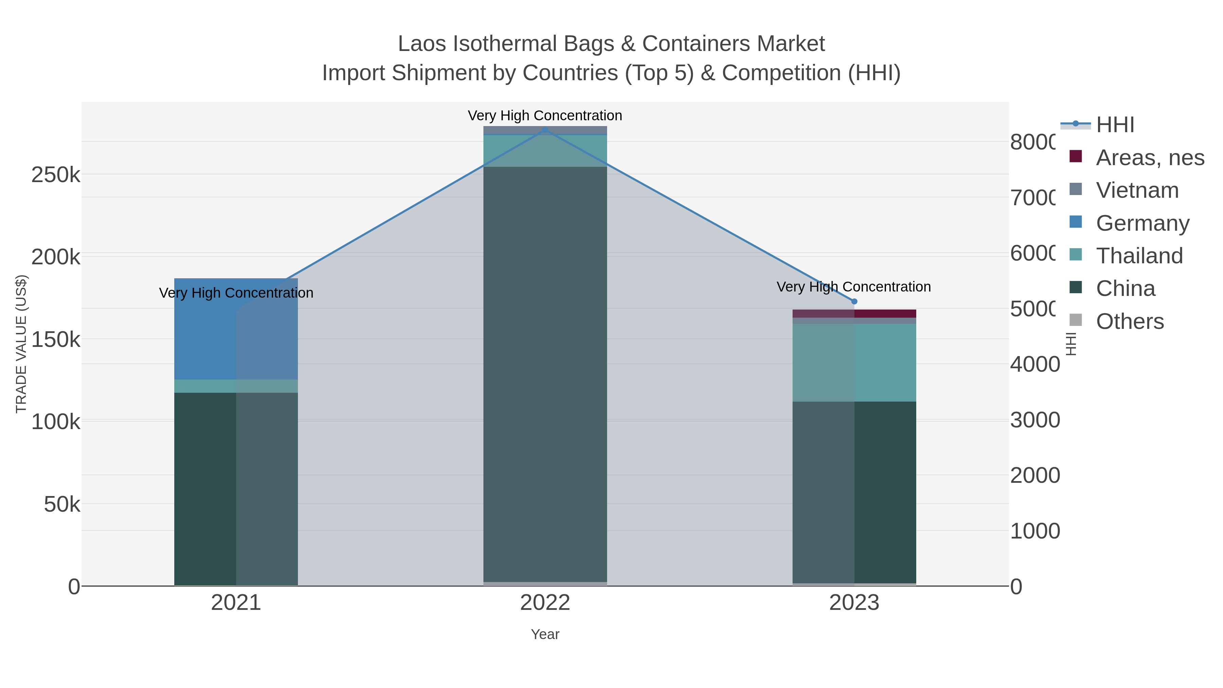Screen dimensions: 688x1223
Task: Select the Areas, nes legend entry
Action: coord(1149,158)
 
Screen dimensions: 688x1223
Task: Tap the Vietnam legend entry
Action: coord(1137,190)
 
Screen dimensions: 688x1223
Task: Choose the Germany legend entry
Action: coord(1142,223)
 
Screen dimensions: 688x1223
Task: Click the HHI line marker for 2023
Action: coord(854,301)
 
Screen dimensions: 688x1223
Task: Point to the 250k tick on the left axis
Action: coord(56,175)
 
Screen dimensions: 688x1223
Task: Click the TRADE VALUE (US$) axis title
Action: coord(21,344)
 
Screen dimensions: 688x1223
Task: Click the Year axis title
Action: coord(545,634)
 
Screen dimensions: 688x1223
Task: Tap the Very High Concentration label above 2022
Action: coord(545,116)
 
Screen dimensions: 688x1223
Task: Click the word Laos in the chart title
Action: coord(422,44)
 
